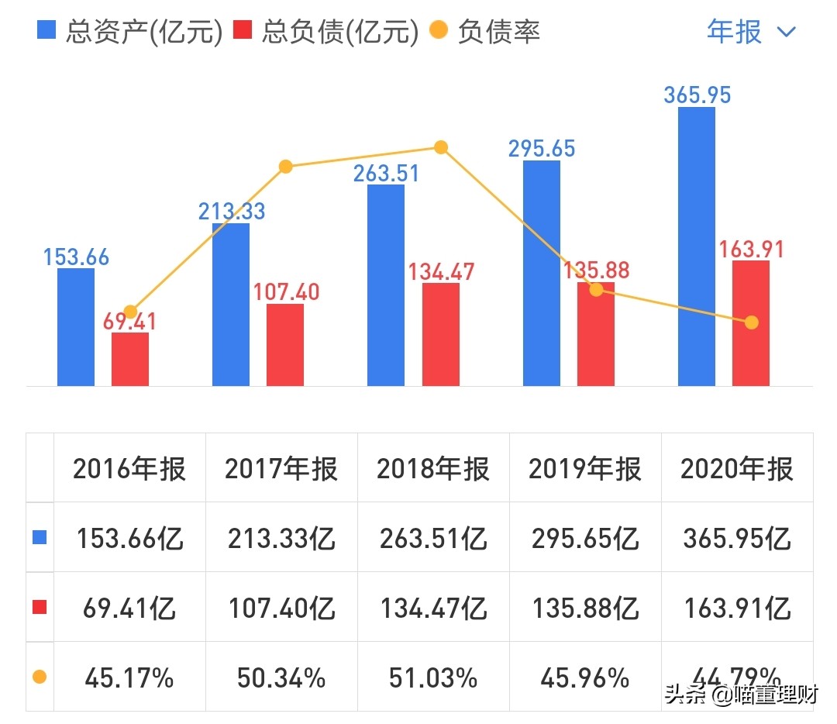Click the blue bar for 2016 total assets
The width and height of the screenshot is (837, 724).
tap(76, 327)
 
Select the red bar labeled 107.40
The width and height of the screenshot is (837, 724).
tap(285, 345)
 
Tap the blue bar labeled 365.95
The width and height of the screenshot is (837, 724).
tap(697, 247)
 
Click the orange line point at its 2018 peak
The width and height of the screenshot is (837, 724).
tap(441, 147)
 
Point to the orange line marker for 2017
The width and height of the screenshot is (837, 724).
tap(285, 167)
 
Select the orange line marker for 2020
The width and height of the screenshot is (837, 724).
tap(751, 322)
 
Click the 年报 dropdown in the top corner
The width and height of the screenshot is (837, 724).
tap(750, 32)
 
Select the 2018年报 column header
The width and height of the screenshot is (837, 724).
tap(433, 469)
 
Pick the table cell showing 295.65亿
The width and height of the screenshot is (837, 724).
tap(585, 539)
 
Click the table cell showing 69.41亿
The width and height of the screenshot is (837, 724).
tap(129, 609)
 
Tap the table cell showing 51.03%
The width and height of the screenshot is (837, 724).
tap(433, 678)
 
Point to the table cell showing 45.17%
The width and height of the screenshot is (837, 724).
tap(129, 678)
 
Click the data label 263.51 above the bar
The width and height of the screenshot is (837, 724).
tap(386, 173)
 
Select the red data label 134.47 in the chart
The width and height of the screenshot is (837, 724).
tap(441, 272)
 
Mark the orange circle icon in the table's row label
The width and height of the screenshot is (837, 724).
tap(40, 677)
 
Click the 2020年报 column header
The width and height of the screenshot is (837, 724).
tap(737, 469)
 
